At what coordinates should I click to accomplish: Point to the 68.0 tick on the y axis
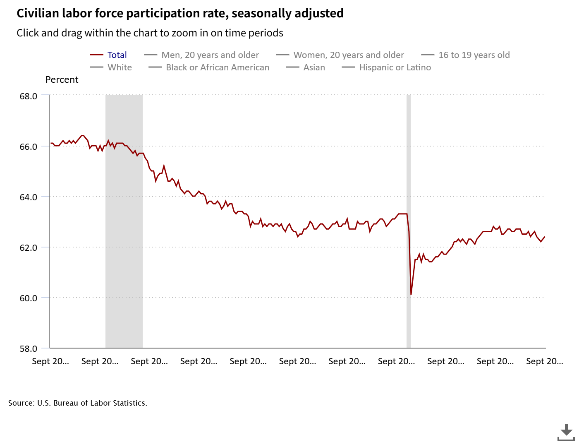pos(29,96)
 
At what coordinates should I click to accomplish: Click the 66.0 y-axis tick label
pos(29,147)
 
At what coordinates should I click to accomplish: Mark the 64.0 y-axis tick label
pos(29,197)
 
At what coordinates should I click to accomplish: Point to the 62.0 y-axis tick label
pos(29,248)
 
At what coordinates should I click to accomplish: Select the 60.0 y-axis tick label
pos(29,298)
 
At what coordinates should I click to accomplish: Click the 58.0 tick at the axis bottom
pos(29,348)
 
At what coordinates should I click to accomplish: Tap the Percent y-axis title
pos(62,79)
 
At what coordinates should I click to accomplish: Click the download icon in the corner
pos(566,432)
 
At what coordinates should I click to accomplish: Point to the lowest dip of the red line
pos(411,294)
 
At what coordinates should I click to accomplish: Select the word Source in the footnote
pos(21,403)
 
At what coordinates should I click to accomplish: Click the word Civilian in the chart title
pos(38,13)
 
